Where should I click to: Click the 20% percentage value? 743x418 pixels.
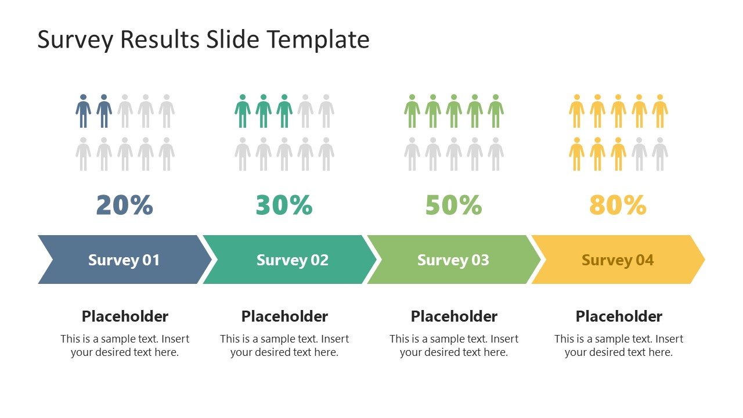click(x=124, y=205)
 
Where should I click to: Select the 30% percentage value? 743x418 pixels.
click(x=284, y=205)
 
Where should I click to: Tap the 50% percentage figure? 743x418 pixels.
click(x=453, y=205)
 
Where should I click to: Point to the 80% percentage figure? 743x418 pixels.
click(x=618, y=205)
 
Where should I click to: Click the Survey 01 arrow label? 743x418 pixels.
click(x=124, y=260)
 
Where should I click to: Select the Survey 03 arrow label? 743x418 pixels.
click(x=453, y=260)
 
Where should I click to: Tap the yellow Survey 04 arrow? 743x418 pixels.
click(x=618, y=260)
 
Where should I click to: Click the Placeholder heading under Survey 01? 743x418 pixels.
click(x=125, y=316)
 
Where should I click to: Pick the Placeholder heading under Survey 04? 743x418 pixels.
click(x=619, y=316)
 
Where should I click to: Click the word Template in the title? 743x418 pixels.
click(x=318, y=39)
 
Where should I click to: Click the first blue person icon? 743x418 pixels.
click(x=83, y=111)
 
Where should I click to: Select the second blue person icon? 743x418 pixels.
click(x=104, y=111)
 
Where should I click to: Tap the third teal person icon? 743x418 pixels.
click(x=284, y=111)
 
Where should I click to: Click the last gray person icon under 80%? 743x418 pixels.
click(x=660, y=154)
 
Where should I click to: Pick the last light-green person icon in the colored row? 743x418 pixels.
click(x=496, y=111)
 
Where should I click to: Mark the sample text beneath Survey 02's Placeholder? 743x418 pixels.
click(x=284, y=345)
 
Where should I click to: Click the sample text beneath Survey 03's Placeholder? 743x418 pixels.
click(x=453, y=345)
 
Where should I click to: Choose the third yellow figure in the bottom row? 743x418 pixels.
click(x=618, y=154)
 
